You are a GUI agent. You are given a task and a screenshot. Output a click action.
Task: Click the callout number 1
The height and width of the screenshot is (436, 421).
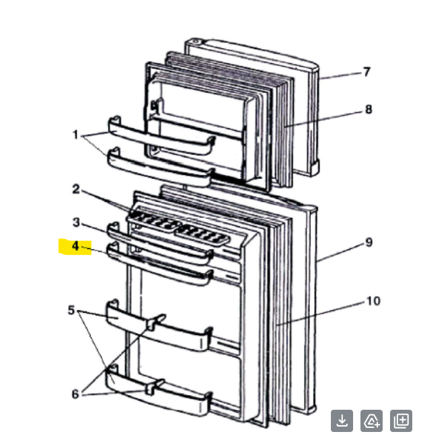75,135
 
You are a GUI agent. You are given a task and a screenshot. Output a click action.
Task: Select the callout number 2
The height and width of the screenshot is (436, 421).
76,189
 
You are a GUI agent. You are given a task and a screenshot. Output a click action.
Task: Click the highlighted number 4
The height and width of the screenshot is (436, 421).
75,247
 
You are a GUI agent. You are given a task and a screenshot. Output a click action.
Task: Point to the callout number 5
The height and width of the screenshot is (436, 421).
71,310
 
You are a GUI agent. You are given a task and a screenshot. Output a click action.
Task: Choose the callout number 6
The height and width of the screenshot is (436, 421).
75,394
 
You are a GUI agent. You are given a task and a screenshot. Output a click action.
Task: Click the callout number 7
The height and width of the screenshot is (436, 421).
367,72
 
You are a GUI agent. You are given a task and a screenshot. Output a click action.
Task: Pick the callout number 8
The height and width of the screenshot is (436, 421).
368,110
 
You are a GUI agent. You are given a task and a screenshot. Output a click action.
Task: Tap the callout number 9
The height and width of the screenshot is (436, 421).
369,242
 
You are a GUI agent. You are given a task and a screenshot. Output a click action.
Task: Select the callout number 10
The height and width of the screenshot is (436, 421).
373,301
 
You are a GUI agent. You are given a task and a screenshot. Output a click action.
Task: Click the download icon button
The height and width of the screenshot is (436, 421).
342,421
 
